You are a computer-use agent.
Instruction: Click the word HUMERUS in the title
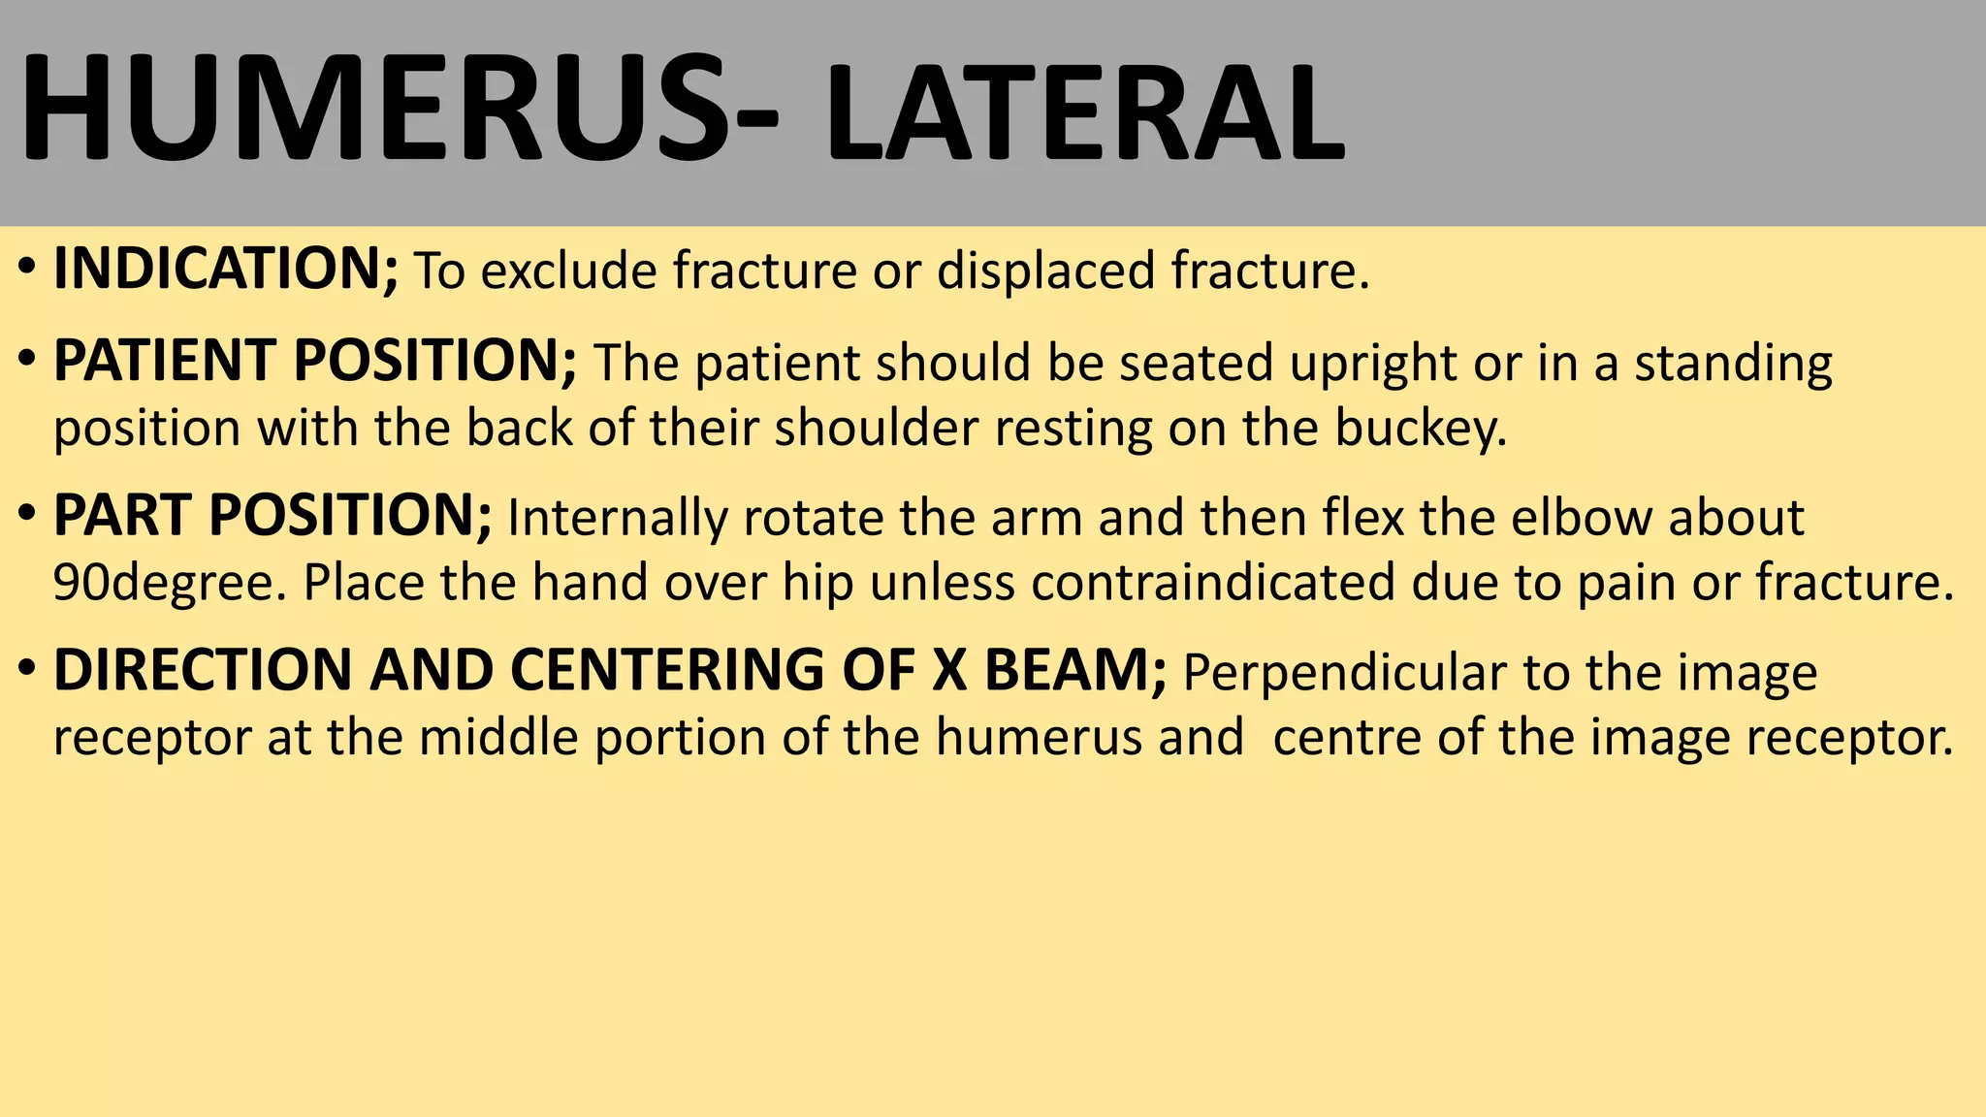[373, 109]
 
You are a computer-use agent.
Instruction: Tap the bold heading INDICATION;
[226, 270]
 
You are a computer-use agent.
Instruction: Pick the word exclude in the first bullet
[569, 271]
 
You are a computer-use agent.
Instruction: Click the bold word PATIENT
[164, 362]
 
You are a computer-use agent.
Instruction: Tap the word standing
[1734, 365]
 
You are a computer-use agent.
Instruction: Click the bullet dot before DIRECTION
[27, 668]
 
